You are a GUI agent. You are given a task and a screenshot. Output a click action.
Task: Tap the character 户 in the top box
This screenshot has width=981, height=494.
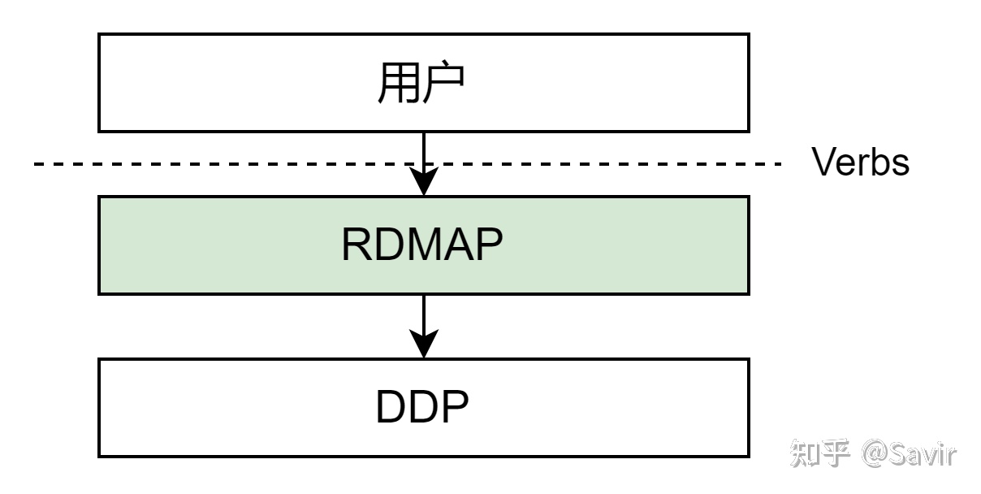click(444, 83)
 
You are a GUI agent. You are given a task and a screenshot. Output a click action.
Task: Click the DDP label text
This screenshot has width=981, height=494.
click(422, 408)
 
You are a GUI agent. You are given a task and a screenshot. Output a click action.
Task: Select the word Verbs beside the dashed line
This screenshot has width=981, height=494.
click(861, 163)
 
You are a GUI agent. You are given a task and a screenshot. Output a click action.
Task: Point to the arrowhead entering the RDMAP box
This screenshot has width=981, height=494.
click(424, 183)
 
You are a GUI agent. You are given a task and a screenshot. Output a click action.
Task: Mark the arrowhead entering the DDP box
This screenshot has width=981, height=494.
click(424, 344)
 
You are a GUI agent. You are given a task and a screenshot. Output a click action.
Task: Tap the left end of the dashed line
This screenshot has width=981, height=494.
click(37, 164)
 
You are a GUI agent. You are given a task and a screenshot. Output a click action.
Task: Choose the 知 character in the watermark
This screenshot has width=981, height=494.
click(808, 453)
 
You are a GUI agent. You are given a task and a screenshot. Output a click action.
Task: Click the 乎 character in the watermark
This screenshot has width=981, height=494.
click(837, 453)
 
